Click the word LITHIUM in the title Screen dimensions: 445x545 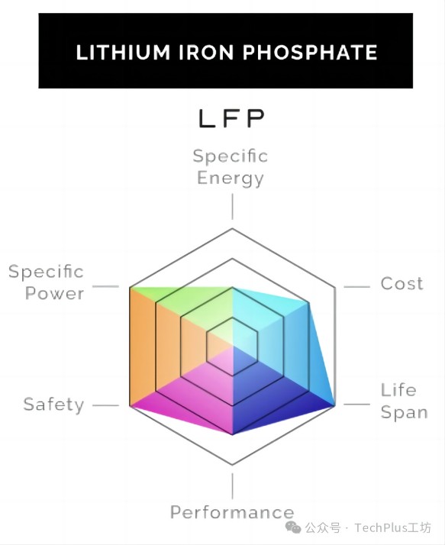[x=123, y=53]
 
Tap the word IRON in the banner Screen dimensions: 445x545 [x=206, y=53]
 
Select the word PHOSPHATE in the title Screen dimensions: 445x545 [x=310, y=53]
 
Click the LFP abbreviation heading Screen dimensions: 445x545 [x=231, y=118]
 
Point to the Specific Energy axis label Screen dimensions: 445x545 [x=231, y=167]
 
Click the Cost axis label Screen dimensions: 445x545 [x=402, y=284]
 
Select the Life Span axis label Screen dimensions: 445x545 [x=404, y=401]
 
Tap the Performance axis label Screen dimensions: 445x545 [x=232, y=512]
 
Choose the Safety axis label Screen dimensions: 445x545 [x=54, y=405]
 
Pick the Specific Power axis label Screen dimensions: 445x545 [x=47, y=282]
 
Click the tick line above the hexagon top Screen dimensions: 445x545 [x=232, y=207]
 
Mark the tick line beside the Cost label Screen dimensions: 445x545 [x=356, y=287]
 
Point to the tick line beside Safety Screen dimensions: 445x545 [x=106, y=405]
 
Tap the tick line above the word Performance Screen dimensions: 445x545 [x=232, y=486]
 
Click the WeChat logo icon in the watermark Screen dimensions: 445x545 [x=293, y=527]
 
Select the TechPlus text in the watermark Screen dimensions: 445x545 [x=382, y=527]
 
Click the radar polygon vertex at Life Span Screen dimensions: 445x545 [x=335, y=405]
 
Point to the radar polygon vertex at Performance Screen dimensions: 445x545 [x=232, y=434]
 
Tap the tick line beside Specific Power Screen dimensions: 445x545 [x=106, y=287]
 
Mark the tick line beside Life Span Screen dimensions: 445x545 [x=356, y=405]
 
